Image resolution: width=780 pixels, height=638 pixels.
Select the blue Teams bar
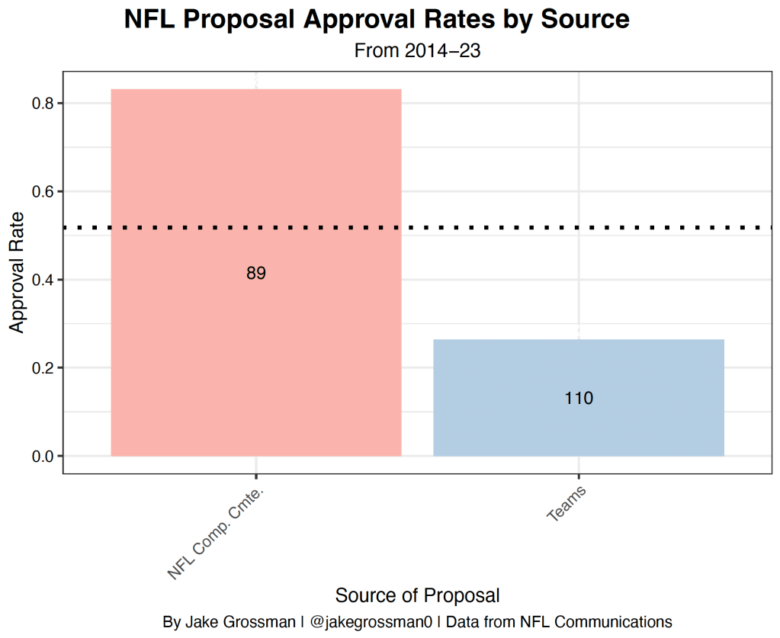(578, 427)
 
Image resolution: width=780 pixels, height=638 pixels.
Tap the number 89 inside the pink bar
(256, 274)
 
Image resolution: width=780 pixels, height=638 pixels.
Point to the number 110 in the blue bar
(579, 398)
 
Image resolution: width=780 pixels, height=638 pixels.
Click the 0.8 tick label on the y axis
(42, 103)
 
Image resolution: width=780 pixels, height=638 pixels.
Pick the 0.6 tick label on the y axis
(42, 191)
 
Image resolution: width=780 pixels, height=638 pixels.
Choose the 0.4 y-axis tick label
(42, 280)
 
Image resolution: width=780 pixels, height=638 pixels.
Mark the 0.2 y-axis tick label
(42, 368)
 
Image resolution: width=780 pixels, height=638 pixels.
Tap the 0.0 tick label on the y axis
(42, 457)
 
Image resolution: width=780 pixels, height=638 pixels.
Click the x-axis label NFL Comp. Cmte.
(220, 534)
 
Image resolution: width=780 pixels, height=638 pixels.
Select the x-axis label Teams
(567, 505)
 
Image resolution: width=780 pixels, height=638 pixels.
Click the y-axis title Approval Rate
(17, 271)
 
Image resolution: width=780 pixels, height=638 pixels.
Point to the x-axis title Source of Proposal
(417, 595)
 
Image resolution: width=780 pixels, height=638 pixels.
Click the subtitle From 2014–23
(416, 51)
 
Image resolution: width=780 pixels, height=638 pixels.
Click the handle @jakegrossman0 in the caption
(369, 621)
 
